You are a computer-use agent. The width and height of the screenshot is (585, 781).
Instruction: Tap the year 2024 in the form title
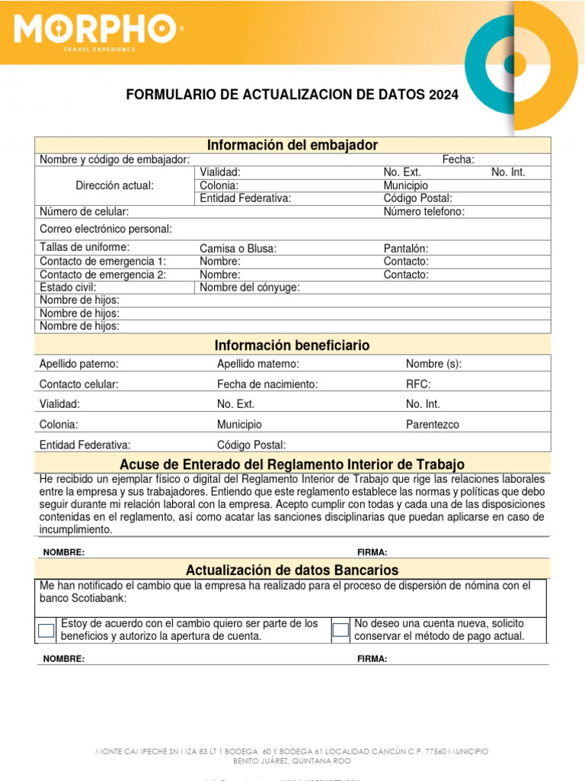444,95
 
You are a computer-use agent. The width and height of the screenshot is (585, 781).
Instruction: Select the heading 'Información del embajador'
292,145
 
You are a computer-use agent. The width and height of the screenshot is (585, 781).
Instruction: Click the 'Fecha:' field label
459,159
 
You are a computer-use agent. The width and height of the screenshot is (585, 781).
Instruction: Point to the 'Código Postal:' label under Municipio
418,198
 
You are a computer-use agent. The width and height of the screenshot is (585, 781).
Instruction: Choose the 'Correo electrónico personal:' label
106,229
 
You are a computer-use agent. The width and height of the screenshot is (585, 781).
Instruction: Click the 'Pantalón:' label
406,249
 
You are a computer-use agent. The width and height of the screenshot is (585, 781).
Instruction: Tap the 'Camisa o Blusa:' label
238,249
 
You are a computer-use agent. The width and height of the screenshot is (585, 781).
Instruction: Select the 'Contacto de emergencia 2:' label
103,275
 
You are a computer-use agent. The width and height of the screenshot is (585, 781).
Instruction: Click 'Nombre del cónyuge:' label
250,288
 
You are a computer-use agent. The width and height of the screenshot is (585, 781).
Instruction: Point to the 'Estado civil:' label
68,288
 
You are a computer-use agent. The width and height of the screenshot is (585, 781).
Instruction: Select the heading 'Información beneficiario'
292,346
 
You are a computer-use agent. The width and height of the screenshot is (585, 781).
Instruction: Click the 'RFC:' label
418,384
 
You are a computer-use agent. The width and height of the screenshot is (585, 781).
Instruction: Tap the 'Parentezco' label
433,424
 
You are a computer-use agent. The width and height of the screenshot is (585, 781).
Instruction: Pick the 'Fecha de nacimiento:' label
267,384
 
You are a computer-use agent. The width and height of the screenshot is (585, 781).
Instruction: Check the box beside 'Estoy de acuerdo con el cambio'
46,630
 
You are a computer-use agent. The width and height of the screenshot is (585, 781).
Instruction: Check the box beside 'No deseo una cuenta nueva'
340,630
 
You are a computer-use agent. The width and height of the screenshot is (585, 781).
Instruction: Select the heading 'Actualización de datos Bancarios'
292,570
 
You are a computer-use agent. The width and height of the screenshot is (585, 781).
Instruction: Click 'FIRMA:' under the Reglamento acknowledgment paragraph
372,552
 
